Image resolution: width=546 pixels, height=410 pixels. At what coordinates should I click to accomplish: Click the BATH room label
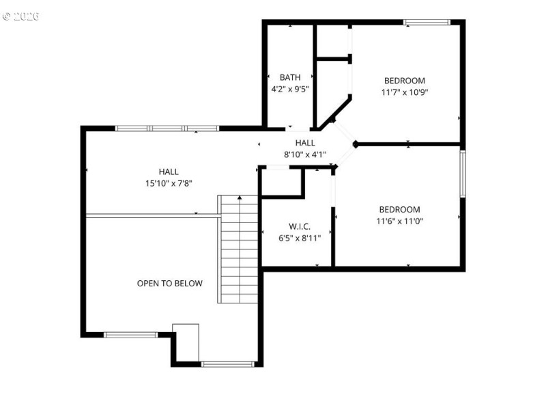pos(289,77)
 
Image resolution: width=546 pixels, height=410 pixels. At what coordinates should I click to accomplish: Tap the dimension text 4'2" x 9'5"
pos(289,89)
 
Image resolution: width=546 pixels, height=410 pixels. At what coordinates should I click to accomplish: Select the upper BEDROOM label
pos(404,80)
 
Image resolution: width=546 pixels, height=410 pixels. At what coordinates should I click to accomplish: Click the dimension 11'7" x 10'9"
pos(404,92)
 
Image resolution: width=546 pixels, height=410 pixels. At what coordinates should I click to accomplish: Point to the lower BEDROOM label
pos(400,209)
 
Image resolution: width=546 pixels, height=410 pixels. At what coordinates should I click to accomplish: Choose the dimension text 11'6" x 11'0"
pos(400,221)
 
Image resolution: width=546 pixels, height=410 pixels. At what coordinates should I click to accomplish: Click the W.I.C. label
pos(300,226)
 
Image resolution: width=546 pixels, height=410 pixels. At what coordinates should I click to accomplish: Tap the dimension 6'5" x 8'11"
pos(300,238)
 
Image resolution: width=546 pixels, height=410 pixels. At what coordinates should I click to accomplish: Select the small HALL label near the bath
pos(305,143)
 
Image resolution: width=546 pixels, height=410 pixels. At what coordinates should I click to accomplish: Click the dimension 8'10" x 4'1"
pos(305,154)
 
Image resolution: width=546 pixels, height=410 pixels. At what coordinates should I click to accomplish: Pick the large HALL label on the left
pos(169,172)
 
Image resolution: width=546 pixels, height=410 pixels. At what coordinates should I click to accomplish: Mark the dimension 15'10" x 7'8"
pos(169,183)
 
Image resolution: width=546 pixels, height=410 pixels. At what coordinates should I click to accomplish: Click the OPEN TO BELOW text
pos(169,283)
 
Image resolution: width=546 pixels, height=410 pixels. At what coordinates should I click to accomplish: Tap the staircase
pos(238,253)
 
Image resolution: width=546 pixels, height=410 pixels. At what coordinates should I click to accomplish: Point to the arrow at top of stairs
pos(240,197)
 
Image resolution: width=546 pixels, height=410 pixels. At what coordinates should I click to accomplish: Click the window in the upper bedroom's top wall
pos(427,23)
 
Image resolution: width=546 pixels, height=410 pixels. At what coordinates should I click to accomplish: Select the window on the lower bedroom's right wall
pos(463,174)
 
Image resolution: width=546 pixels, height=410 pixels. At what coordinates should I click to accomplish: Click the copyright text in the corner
pos(20,16)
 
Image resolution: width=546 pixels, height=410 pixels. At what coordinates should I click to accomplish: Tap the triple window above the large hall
pos(167,128)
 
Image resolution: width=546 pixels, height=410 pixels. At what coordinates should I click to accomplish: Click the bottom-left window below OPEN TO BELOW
pos(130,335)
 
